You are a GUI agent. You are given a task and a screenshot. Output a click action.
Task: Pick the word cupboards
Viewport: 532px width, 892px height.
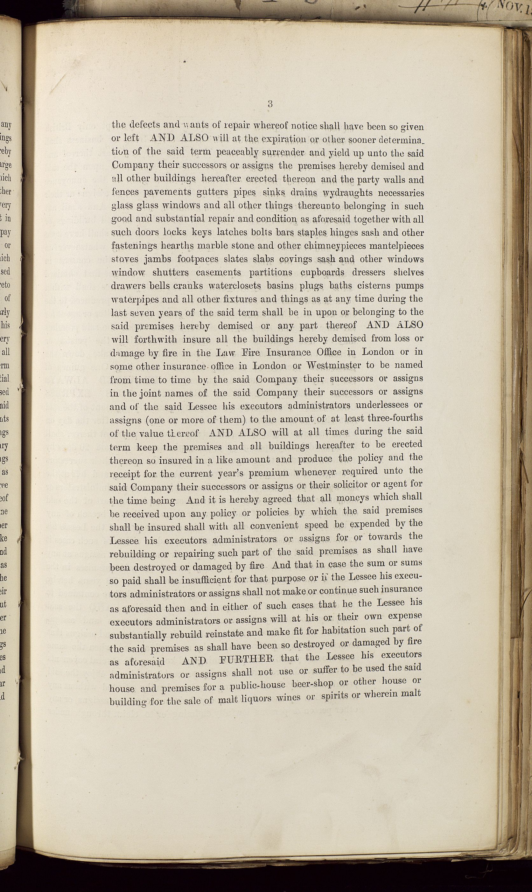pyautogui.click(x=322, y=272)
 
